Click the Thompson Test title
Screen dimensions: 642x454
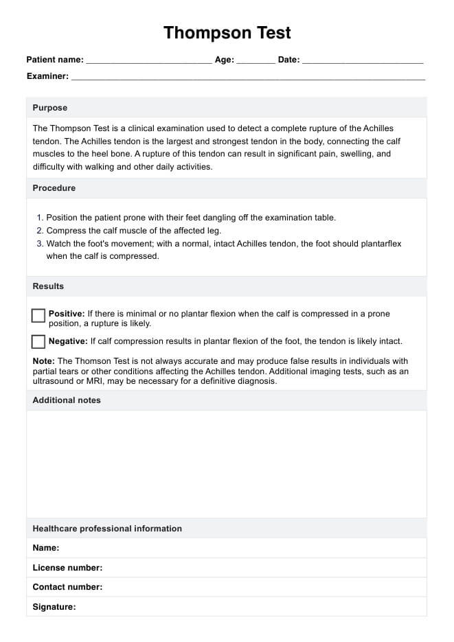[227, 32]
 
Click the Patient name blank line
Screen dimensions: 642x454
[149, 61]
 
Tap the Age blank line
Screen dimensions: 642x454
[256, 61]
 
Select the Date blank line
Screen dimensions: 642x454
[363, 61]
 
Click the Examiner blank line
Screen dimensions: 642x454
[248, 78]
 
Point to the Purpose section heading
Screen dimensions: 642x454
[50, 108]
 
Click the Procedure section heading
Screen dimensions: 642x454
[54, 188]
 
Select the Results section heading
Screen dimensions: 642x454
[48, 286]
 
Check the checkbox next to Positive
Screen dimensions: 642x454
[38, 315]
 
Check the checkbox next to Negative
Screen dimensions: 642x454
[38, 341]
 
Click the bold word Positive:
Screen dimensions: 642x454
[67, 314]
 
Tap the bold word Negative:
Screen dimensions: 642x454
[68, 341]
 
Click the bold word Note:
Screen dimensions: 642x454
[44, 361]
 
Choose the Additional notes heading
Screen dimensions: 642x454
[67, 400]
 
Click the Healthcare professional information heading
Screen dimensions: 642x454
[107, 529]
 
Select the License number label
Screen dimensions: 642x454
[67, 568]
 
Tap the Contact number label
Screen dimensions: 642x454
[67, 587]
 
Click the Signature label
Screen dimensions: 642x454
[54, 607]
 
